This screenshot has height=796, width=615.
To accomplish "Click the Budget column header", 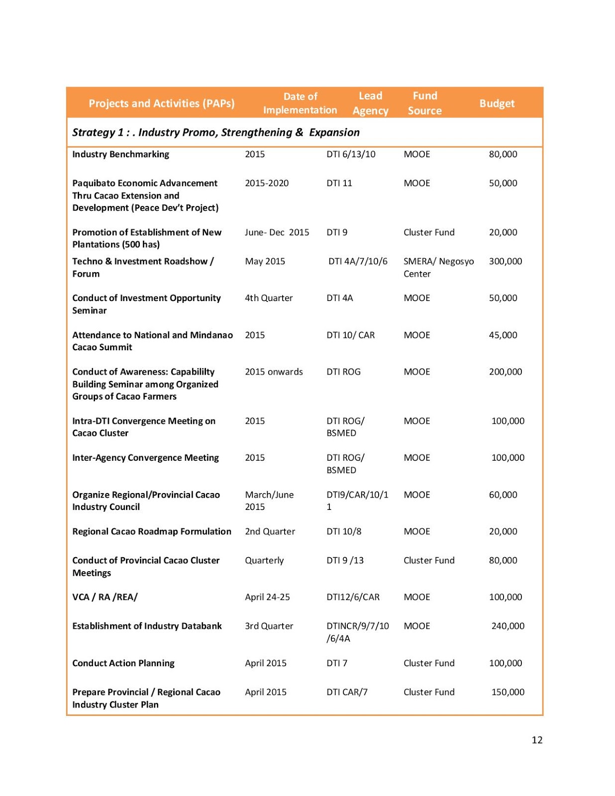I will [497, 103].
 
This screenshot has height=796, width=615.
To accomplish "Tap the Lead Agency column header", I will [370, 103].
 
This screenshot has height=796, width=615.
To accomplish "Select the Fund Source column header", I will [424, 103].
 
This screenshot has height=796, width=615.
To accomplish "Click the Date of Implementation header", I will [300, 103].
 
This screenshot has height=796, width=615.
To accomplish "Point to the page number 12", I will [537, 740].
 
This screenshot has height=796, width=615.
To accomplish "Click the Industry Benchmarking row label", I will [120, 154].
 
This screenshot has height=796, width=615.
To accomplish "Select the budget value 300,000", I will [505, 261].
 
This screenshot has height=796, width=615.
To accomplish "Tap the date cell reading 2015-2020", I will [267, 183].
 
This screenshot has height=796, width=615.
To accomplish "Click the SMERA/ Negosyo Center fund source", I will [438, 267].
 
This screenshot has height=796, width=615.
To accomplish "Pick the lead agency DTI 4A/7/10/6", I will [358, 261].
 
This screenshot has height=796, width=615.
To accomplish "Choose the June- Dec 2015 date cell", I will [277, 232].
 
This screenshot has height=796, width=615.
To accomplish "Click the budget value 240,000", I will [508, 626].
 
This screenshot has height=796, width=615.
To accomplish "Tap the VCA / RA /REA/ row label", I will [105, 597].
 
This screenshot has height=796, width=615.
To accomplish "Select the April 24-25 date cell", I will [267, 597].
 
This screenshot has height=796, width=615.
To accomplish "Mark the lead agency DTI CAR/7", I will [347, 692].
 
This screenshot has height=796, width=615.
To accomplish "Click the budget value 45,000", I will [503, 335].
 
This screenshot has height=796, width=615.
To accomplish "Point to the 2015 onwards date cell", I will [274, 372].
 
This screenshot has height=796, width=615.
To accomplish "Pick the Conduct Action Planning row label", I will [123, 663].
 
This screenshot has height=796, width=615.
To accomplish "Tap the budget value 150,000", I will [508, 692].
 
